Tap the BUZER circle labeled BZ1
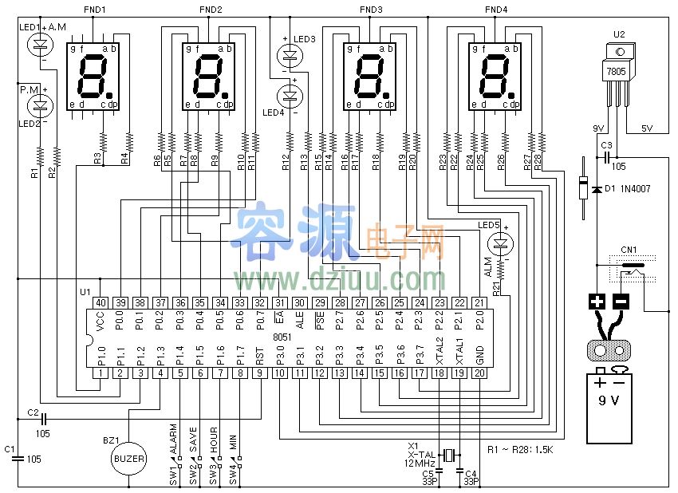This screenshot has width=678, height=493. tap(128, 459)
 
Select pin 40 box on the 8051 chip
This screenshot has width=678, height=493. tap(101, 302)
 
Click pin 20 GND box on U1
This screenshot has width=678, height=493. tap(479, 373)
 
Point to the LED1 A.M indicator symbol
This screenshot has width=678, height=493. tap(39, 45)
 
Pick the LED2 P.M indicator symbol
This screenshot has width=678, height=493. tap(39, 105)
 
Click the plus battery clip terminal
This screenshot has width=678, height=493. tap(597, 302)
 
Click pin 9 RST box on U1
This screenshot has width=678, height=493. tap(260, 373)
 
